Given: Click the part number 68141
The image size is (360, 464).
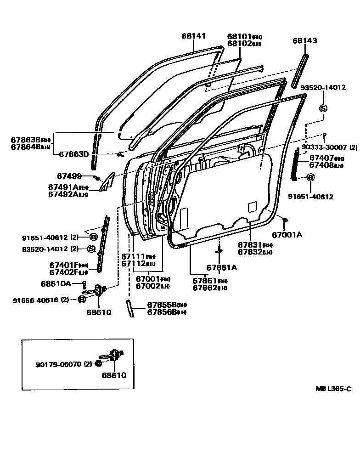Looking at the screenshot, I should click(x=193, y=35).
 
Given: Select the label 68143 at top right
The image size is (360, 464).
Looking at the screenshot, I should click(x=304, y=40).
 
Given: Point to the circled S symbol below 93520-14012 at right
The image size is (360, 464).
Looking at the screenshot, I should click(x=323, y=108).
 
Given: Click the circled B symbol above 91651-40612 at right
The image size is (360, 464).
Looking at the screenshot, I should click(x=310, y=177).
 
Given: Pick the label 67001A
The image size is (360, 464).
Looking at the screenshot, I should click(x=287, y=235).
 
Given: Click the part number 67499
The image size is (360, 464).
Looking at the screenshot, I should click(x=69, y=175).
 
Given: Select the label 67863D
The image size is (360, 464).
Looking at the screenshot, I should click(x=74, y=154).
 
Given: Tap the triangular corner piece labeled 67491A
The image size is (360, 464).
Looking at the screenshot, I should click(x=107, y=181).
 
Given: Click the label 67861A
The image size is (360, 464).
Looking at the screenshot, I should click(x=221, y=268).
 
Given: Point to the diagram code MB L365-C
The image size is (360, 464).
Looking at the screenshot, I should click(x=333, y=389).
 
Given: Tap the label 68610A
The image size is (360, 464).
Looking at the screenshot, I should click(x=56, y=283).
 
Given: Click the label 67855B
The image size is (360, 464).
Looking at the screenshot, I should click(x=160, y=305).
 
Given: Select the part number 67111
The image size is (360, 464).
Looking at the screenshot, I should click(x=133, y=256).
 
